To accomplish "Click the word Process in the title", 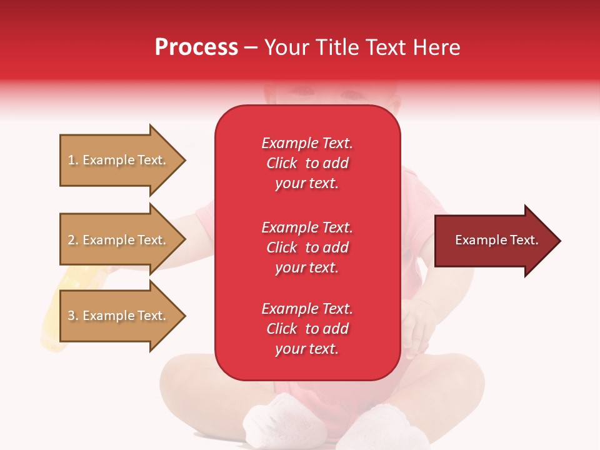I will (x=196, y=47).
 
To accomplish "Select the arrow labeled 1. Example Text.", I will (x=117, y=160).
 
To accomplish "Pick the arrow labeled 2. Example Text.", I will (x=117, y=240).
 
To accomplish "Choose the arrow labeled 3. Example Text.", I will (x=117, y=316).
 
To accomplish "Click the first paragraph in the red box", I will (x=307, y=163).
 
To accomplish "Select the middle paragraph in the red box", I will (x=307, y=247).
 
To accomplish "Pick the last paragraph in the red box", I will (x=307, y=329).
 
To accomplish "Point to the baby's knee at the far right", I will (x=466, y=387).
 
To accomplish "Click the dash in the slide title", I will (x=251, y=48).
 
